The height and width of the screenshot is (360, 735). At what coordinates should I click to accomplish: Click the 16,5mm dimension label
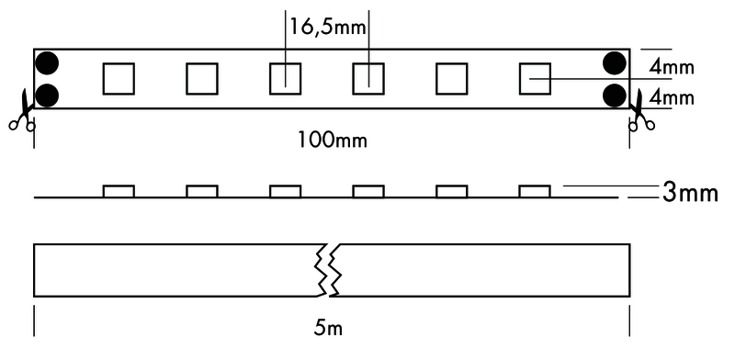coord(328,27)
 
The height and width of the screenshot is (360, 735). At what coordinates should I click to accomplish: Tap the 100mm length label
coord(331,140)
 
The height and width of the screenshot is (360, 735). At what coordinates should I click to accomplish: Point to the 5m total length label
coord(331,327)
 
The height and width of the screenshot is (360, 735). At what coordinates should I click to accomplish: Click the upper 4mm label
coord(670,67)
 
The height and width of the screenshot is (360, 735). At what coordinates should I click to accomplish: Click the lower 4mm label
coord(670,96)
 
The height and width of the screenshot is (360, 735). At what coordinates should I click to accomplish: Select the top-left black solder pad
coord(48,63)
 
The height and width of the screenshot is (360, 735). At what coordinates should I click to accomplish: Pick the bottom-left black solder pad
coord(48,95)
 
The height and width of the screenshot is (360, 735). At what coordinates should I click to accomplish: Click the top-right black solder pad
coord(615,63)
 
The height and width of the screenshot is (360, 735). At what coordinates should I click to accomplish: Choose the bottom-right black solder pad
coord(615,95)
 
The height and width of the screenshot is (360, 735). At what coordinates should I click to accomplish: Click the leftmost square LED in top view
coord(119,78)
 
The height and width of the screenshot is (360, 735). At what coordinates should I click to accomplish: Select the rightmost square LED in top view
coord(534,78)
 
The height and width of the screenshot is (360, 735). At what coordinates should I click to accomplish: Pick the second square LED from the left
coord(201,78)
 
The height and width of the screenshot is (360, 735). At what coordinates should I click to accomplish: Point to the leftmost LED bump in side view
coord(119,191)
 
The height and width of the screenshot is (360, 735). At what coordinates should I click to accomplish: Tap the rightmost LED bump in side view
coord(534,191)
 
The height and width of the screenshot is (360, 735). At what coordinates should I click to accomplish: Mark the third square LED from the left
coord(285,78)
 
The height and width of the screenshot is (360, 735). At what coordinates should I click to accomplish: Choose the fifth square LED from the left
coord(451,78)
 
